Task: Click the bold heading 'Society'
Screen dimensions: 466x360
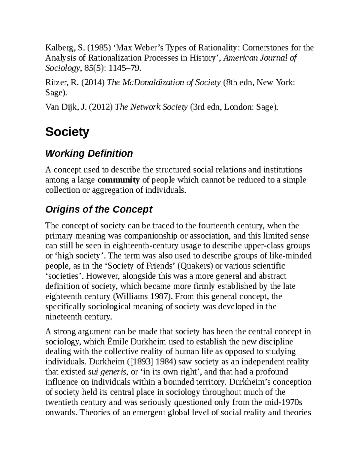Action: point(67,132)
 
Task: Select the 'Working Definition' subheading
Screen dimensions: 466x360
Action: point(89,153)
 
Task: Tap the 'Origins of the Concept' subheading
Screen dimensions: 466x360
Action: point(99,209)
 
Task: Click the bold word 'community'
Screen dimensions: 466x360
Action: point(118,180)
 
